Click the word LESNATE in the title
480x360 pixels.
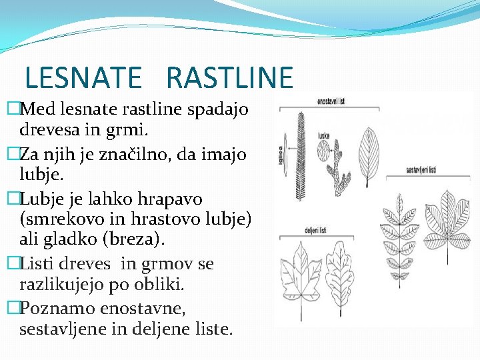point(83,77)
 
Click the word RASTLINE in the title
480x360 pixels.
point(229,77)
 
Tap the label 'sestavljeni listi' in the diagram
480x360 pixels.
point(420,170)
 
